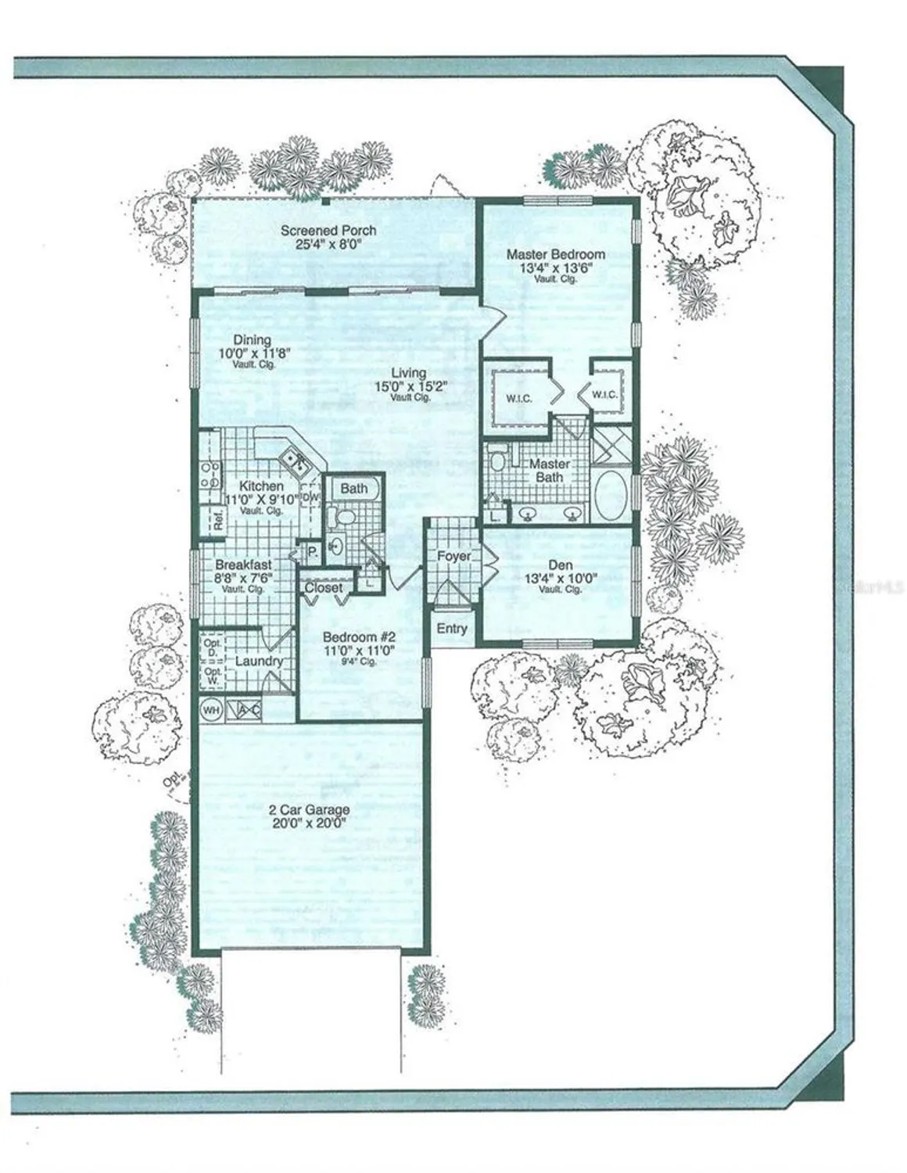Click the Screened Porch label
(328, 231)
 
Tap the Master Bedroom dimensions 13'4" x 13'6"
(555, 267)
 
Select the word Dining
(253, 340)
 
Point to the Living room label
(409, 373)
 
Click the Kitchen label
(261, 486)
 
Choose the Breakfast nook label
(243, 565)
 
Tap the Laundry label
(259, 662)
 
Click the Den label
(560, 565)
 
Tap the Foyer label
(453, 556)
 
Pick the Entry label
(452, 628)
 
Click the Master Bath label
(550, 470)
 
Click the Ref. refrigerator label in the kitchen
(219, 518)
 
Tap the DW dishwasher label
(310, 497)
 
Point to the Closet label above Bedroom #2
(324, 587)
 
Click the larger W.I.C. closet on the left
(518, 399)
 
